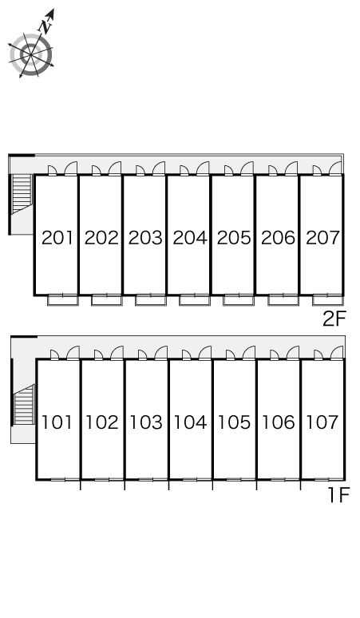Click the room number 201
[x=57, y=238]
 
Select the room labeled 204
[x=190, y=238]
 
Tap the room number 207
[x=322, y=238]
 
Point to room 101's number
[x=57, y=422]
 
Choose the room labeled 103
[x=146, y=422]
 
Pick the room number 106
[x=279, y=422]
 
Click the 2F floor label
[x=334, y=319]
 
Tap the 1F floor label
[x=339, y=495]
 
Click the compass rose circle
[x=31, y=55]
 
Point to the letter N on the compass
[x=45, y=26]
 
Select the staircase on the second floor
[x=22, y=194]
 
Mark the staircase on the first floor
[x=24, y=405]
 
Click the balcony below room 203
[x=151, y=300]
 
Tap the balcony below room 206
[x=283, y=300]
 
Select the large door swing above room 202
[x=115, y=168]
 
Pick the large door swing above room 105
[x=248, y=352]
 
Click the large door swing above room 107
[x=337, y=352]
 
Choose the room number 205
[x=234, y=238]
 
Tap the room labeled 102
[x=102, y=422]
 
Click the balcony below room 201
[x=63, y=300]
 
